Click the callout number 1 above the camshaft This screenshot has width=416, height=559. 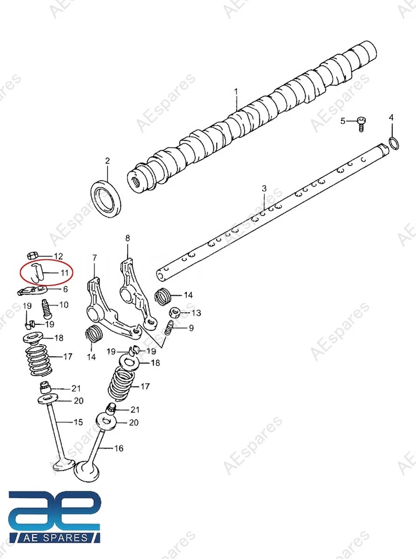(x=237, y=91)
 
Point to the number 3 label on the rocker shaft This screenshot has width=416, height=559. (x=263, y=188)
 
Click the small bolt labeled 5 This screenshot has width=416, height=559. (x=363, y=122)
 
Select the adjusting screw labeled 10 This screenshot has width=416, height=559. (x=46, y=306)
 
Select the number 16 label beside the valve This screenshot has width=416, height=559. (x=119, y=448)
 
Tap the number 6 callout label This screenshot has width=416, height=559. (x=65, y=289)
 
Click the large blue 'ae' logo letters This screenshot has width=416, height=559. (x=55, y=510)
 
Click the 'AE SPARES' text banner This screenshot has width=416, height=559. (x=55, y=537)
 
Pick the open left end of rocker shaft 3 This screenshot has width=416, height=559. (x=161, y=272)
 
